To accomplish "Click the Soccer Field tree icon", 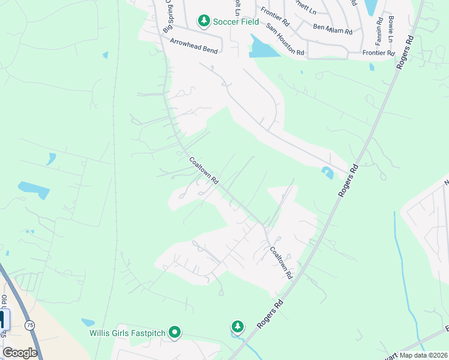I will point(204,22).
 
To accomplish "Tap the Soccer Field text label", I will point(237,22).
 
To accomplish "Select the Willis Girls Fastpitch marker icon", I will point(175,332).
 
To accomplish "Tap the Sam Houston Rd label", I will point(285,41).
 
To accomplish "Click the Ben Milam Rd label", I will point(332,28).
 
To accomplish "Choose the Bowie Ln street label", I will point(391,27).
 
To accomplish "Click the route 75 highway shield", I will point(30,325).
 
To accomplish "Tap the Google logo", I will point(20,353).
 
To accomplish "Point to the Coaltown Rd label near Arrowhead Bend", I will point(204,170).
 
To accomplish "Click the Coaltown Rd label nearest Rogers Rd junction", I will point(281,263).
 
